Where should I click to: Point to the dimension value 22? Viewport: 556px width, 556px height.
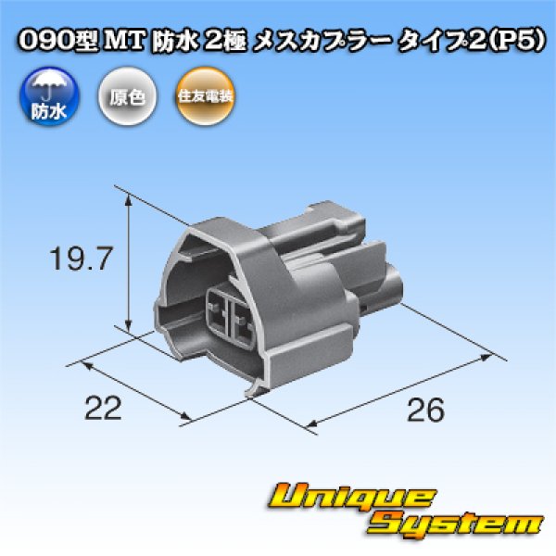[x=102, y=408]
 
